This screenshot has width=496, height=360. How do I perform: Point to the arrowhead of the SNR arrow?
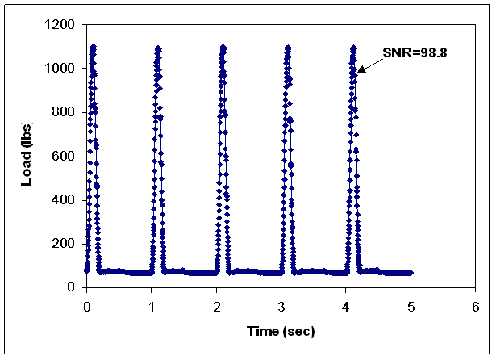tap(358, 73)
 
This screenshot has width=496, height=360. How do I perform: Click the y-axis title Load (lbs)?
tap(27, 156)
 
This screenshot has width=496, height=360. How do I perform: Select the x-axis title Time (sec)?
tap(280, 331)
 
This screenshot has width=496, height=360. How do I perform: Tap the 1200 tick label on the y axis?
tap(61, 25)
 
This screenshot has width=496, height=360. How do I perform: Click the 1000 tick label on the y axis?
tap(61, 69)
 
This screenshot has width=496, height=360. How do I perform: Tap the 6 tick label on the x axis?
tap(475, 307)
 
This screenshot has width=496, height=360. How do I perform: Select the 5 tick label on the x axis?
tap(411, 307)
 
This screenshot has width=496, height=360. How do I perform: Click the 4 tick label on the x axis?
tap(346, 307)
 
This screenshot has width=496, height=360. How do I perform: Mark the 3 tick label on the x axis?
tap(281, 307)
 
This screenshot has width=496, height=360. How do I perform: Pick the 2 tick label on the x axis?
tap(216, 307)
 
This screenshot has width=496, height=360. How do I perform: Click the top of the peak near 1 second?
tap(158, 48)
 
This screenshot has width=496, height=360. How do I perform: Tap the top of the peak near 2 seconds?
tap(223, 48)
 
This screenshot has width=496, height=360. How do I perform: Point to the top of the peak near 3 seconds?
tap(288, 48)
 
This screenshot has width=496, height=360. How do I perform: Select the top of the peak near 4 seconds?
tap(352, 48)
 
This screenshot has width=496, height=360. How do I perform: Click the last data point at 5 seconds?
tap(411, 273)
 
